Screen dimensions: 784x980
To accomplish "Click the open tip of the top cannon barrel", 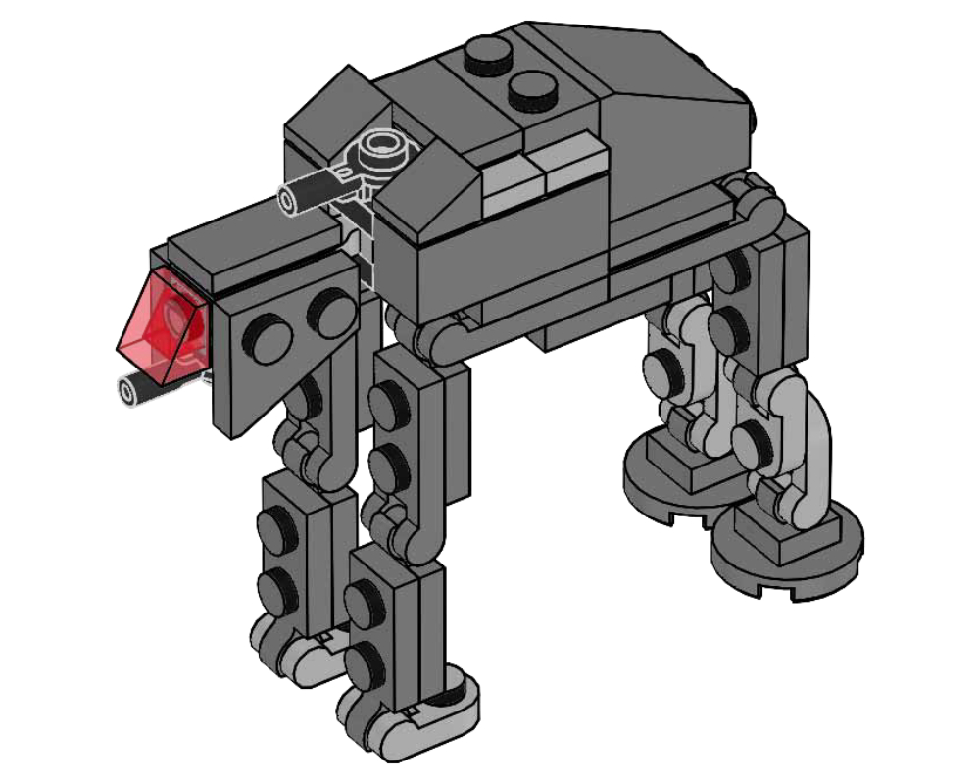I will pos(292,199).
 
